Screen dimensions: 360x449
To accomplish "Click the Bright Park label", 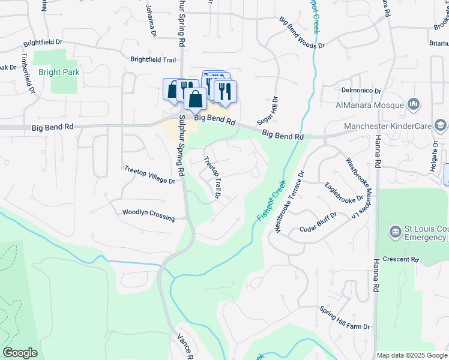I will tap(59, 72).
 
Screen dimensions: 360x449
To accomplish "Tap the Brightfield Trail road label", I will tap(153, 59).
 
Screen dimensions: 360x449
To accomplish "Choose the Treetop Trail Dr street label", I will tap(212, 178).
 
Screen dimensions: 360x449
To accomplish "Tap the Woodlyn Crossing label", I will tap(148, 214).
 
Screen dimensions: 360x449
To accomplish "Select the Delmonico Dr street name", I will tap(361, 91).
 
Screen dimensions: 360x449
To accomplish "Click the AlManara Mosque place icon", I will tap(413, 104).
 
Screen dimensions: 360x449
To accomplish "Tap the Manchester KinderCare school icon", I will tap(441, 125).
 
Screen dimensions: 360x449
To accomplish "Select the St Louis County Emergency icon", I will tap(395, 232).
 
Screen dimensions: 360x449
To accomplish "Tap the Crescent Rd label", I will tap(402, 259).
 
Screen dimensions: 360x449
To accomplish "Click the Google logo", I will tap(20, 353).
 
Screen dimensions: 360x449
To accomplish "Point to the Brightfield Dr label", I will tap(43, 43).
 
